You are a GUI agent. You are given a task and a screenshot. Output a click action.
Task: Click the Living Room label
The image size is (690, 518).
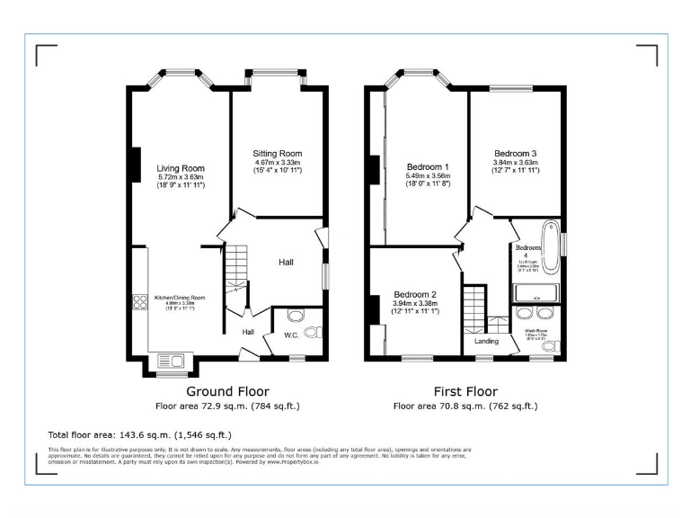click(181, 168)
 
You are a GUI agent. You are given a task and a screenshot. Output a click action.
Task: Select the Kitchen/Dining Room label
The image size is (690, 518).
click(180, 298)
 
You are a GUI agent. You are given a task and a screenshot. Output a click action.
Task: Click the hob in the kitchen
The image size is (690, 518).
click(140, 303)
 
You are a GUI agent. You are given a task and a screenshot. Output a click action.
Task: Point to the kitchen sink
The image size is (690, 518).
click(170, 362)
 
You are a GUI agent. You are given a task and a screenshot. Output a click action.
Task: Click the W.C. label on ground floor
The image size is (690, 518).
click(291, 336)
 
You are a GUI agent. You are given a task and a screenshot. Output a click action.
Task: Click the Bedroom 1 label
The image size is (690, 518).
click(428, 167)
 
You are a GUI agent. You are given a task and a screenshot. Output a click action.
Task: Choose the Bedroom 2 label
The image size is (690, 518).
click(414, 295)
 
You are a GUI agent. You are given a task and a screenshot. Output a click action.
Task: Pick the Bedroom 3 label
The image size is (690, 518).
click(514, 153)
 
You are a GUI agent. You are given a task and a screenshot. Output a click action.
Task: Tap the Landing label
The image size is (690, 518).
click(486, 341)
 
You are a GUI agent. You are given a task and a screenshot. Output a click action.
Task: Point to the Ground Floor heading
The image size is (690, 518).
click(227, 391)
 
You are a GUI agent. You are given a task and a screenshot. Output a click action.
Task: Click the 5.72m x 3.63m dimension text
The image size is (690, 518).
click(181, 177)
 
